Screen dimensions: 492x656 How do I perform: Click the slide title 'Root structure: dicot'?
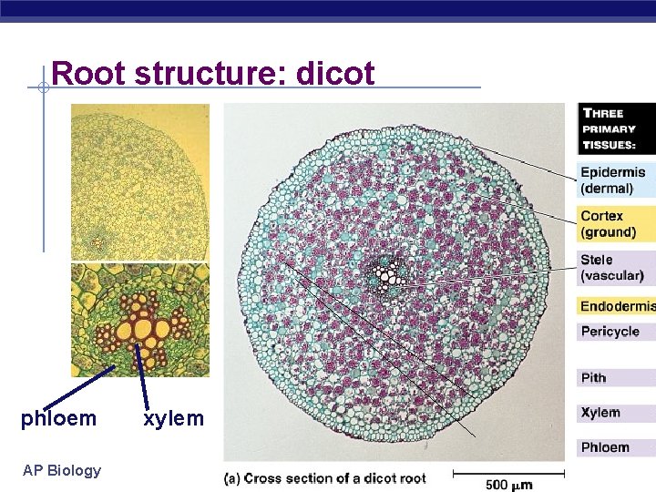coord(213,73)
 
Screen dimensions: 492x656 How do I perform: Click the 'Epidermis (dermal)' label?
coord(612,179)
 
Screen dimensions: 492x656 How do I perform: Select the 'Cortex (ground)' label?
coord(608,224)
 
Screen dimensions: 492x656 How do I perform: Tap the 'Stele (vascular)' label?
coord(611,268)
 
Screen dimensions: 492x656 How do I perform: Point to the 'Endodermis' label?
coord(617,306)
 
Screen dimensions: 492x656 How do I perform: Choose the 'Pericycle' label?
coord(610,332)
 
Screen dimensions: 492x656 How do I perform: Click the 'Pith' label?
coord(593,377)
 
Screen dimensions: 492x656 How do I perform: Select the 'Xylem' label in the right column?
coord(600,413)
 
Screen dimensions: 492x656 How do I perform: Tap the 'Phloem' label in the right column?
coord(605,447)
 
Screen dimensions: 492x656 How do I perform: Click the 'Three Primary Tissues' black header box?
coord(616,128)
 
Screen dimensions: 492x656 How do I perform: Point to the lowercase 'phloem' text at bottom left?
coord(58,419)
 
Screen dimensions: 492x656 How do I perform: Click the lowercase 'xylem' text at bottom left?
coord(173,419)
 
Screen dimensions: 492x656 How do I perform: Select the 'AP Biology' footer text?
coord(61,470)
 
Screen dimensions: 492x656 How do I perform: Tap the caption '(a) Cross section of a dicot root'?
coord(326,478)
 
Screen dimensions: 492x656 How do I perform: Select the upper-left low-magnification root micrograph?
coord(140,181)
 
